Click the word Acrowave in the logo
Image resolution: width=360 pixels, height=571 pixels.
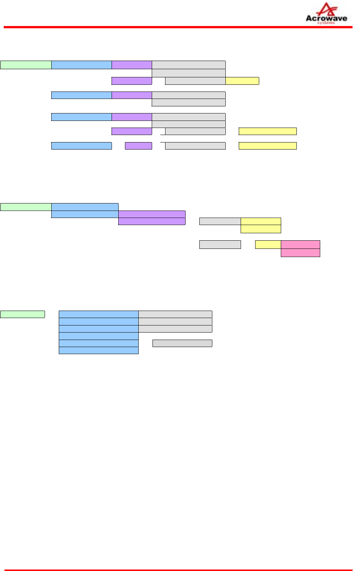coord(326,18)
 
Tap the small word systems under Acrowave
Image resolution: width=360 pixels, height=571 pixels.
coord(326,23)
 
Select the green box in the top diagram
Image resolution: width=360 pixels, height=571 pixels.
coord(26,65)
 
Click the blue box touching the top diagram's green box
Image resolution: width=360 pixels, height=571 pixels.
coord(81,65)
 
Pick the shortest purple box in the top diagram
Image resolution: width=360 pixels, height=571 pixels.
coord(138,146)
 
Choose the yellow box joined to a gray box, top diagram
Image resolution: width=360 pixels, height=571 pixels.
coord(242,81)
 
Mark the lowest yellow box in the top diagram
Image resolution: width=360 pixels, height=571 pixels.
coord(267,146)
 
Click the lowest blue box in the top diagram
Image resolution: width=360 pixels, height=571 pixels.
coord(81,146)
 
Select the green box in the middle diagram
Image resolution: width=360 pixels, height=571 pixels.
coord(26,207)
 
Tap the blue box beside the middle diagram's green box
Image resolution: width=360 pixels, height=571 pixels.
coord(85,207)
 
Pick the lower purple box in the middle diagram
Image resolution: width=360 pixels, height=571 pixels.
coord(152,221)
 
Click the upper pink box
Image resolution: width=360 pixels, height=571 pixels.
coord(300,244)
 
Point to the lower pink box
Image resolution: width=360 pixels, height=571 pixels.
coord(300,253)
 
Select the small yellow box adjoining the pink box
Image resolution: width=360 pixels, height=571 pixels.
coord(268,244)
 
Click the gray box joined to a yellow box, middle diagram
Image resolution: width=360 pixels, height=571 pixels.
coord(220,221)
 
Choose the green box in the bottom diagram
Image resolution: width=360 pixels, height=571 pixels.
coord(22,314)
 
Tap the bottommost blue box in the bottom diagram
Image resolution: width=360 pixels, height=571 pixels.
coord(99,350)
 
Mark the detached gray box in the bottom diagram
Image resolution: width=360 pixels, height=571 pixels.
coord(182,343)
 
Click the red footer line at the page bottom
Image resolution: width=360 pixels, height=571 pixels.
coord(178,570)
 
